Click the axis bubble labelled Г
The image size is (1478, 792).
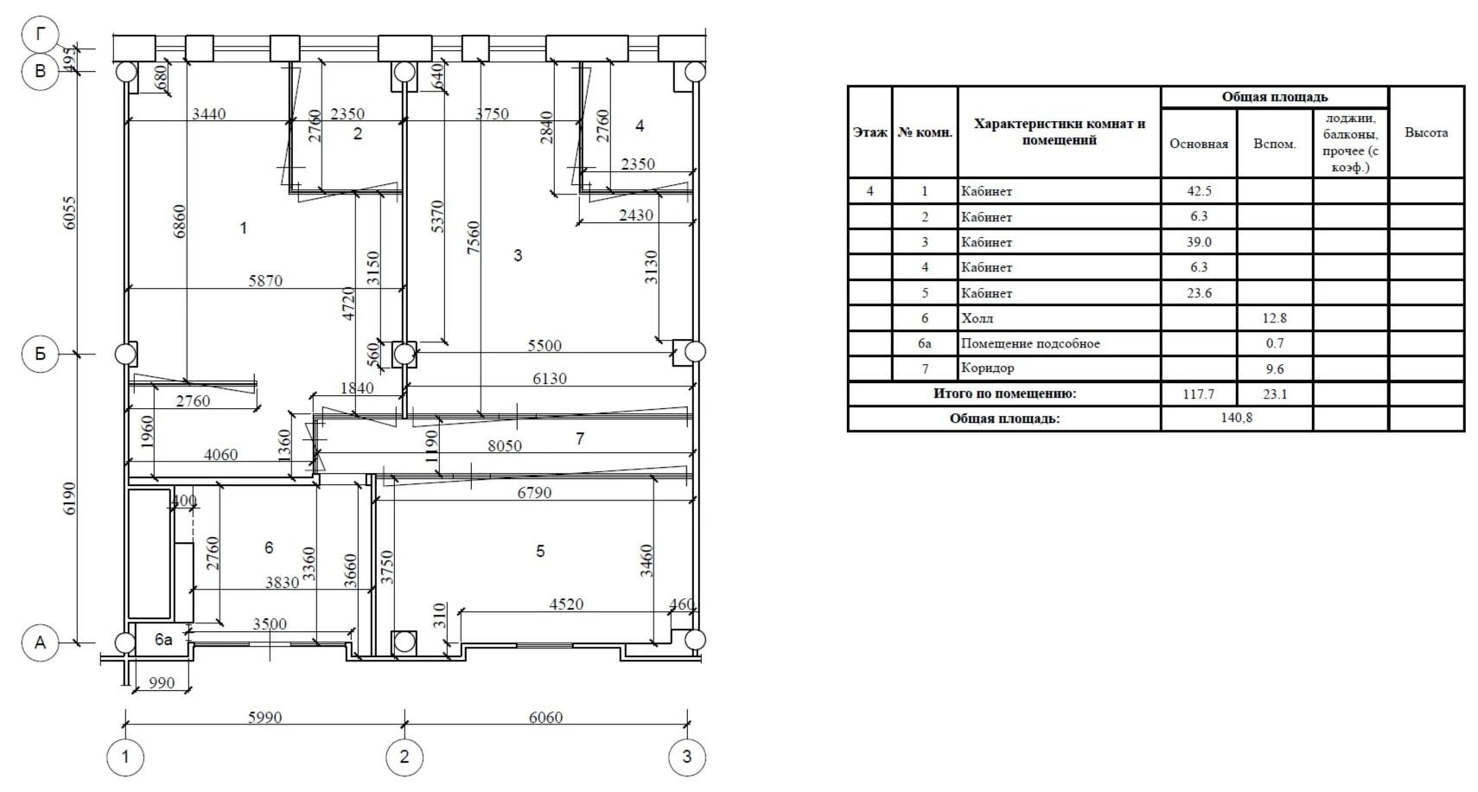pos(41,34)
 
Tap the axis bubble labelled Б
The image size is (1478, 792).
pos(41,354)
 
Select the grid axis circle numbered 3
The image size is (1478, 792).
pos(687,757)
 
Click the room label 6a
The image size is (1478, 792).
pos(163,640)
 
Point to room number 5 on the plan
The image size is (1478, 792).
pos(540,551)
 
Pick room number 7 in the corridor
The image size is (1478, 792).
pos(580,439)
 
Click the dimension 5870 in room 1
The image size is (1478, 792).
pos(265,281)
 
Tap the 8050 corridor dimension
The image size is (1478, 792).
pos(505,446)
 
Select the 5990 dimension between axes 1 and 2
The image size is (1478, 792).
pos(264,718)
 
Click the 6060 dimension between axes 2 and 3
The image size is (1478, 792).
pos(545,718)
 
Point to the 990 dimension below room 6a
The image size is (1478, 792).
pos(162,683)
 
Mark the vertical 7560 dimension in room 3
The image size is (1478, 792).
pos(473,239)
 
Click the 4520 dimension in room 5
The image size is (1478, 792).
pos(566,604)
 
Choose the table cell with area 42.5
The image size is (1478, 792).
pos(1199,191)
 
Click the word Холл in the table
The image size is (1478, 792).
pos(978,318)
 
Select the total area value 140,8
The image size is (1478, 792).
pos(1237,418)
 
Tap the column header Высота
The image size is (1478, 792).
pos(1426,132)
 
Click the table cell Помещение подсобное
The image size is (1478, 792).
pos(1030,343)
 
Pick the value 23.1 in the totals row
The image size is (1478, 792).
pos(1275,394)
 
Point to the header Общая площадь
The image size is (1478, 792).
pos(1274,97)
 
